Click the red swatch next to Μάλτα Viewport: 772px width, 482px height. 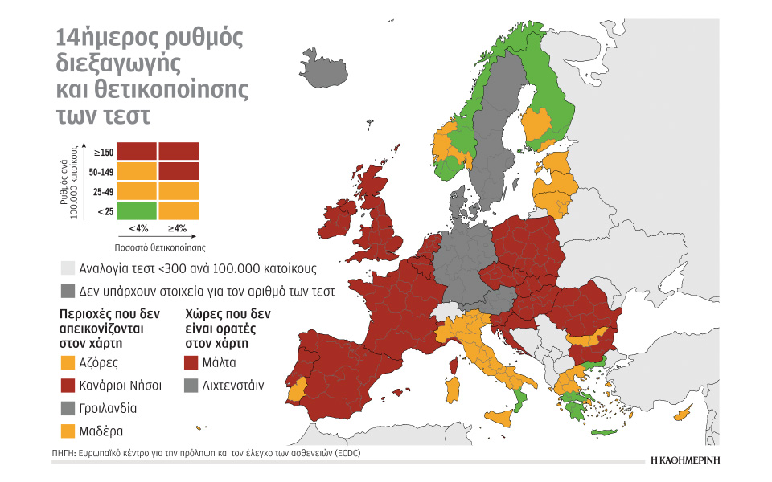[x=191, y=361]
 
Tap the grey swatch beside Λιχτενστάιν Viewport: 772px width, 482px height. [x=191, y=385]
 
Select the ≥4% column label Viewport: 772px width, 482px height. [x=179, y=228]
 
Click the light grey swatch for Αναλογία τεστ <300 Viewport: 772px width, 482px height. [x=67, y=268]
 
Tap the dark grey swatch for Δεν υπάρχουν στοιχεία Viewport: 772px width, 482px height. [x=67, y=291]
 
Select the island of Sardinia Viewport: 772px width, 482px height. [x=452, y=391]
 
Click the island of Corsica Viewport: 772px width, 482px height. [x=456, y=366]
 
